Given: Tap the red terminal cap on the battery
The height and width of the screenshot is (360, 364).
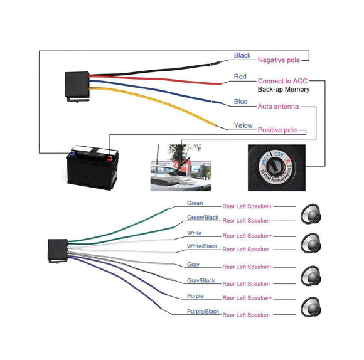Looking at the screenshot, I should pyautogui.click(x=110, y=151).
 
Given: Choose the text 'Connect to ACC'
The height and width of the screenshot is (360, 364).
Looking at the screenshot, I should pyautogui.click(x=283, y=81).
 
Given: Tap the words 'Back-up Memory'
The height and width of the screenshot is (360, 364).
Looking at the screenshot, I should pyautogui.click(x=283, y=90).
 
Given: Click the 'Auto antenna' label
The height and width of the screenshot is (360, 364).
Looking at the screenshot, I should pyautogui.click(x=278, y=107).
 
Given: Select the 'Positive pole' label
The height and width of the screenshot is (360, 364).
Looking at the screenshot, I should pyautogui.click(x=277, y=129).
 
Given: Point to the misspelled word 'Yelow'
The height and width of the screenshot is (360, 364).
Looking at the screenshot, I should pyautogui.click(x=243, y=125).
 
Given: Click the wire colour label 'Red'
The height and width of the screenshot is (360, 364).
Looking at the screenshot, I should pyautogui.click(x=240, y=77).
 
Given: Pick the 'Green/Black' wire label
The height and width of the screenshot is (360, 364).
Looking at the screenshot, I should pyautogui.click(x=203, y=218).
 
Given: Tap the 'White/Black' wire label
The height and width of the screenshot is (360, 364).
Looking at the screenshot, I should pyautogui.click(x=202, y=246).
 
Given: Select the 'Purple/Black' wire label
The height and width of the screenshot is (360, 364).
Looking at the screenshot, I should pyautogui.click(x=203, y=311).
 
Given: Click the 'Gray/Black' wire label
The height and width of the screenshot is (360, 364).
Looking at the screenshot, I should pyautogui.click(x=201, y=280).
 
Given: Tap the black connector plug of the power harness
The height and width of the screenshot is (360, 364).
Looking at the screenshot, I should pyautogui.click(x=77, y=83).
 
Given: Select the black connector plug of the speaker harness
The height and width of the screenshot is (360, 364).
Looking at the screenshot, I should pyautogui.click(x=58, y=249).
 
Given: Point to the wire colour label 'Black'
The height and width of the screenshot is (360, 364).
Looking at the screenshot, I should pyautogui.click(x=242, y=55).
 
